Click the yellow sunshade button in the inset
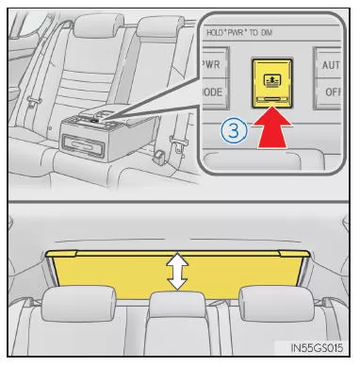pyautogui.click(x=272, y=83)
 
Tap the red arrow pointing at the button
pyautogui.click(x=272, y=126)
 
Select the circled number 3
pyautogui.click(x=234, y=130)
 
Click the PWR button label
pyautogui.click(x=212, y=64)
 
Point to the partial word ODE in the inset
pyautogui.click(x=212, y=92)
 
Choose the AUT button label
pyautogui.click(x=331, y=65)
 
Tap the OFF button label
pyautogui.click(x=333, y=92)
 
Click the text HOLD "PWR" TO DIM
pyautogui.click(x=239, y=32)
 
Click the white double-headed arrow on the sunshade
pyautogui.click(x=177, y=271)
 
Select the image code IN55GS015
pyautogui.click(x=317, y=348)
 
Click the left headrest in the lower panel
pyautogui.click(x=79, y=303)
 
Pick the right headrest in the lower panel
pyautogui.click(x=276, y=303)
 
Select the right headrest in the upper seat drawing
pyautogui.click(x=160, y=26)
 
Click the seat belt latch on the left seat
pyautogui.click(x=34, y=101)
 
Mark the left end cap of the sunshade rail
pyautogui.click(x=61, y=254)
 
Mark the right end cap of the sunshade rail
pyautogui.click(x=294, y=254)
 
